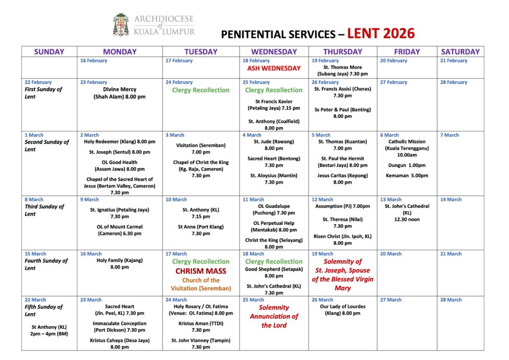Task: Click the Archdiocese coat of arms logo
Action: tap(121, 25)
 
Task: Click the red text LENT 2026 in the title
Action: tap(380, 34)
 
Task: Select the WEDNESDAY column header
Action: tap(274, 52)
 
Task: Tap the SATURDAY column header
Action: tap(460, 52)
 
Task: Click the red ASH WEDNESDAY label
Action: tap(274, 68)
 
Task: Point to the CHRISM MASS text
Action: tap(201, 271)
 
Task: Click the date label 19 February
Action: tap(326, 61)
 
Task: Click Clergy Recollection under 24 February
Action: tap(201, 90)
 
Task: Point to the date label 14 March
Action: tap(451, 199)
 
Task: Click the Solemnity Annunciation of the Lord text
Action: tap(274, 316)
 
